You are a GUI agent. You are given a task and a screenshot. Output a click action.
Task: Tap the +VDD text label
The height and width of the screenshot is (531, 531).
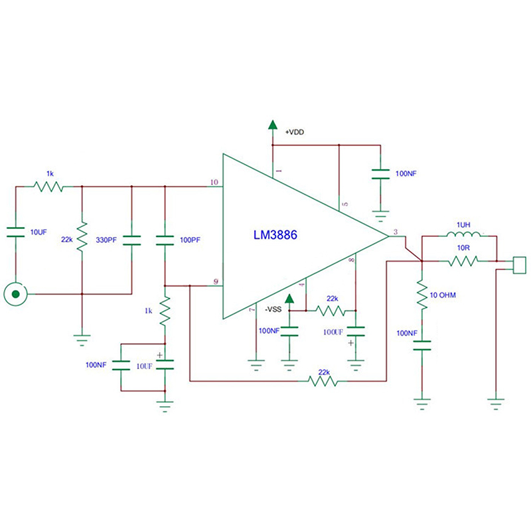(295, 133)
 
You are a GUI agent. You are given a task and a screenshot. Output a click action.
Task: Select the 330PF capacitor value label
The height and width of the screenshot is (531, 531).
(108, 239)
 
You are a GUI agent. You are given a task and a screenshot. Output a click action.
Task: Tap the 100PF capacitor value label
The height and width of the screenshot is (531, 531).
(191, 239)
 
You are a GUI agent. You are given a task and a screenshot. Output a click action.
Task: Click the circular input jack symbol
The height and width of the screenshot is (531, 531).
(15, 293)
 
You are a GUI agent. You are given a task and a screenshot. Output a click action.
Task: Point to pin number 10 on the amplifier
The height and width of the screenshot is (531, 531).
(214, 182)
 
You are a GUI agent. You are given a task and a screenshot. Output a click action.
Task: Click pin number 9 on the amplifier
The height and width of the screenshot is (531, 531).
(216, 282)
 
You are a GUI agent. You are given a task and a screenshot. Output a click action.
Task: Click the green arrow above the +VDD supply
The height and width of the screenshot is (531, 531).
(272, 123)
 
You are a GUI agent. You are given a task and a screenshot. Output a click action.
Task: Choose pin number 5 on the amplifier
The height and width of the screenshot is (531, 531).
(344, 204)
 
